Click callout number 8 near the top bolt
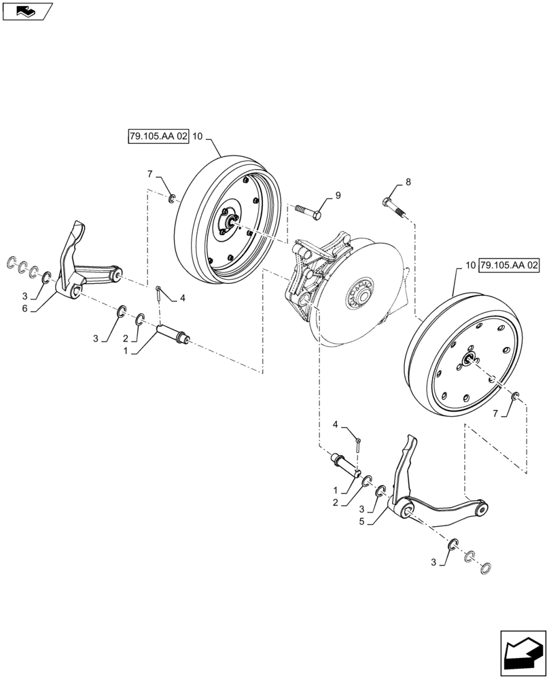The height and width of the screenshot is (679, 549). (408, 181)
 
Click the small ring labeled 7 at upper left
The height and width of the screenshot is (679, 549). (173, 198)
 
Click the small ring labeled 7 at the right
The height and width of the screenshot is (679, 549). (516, 396)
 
